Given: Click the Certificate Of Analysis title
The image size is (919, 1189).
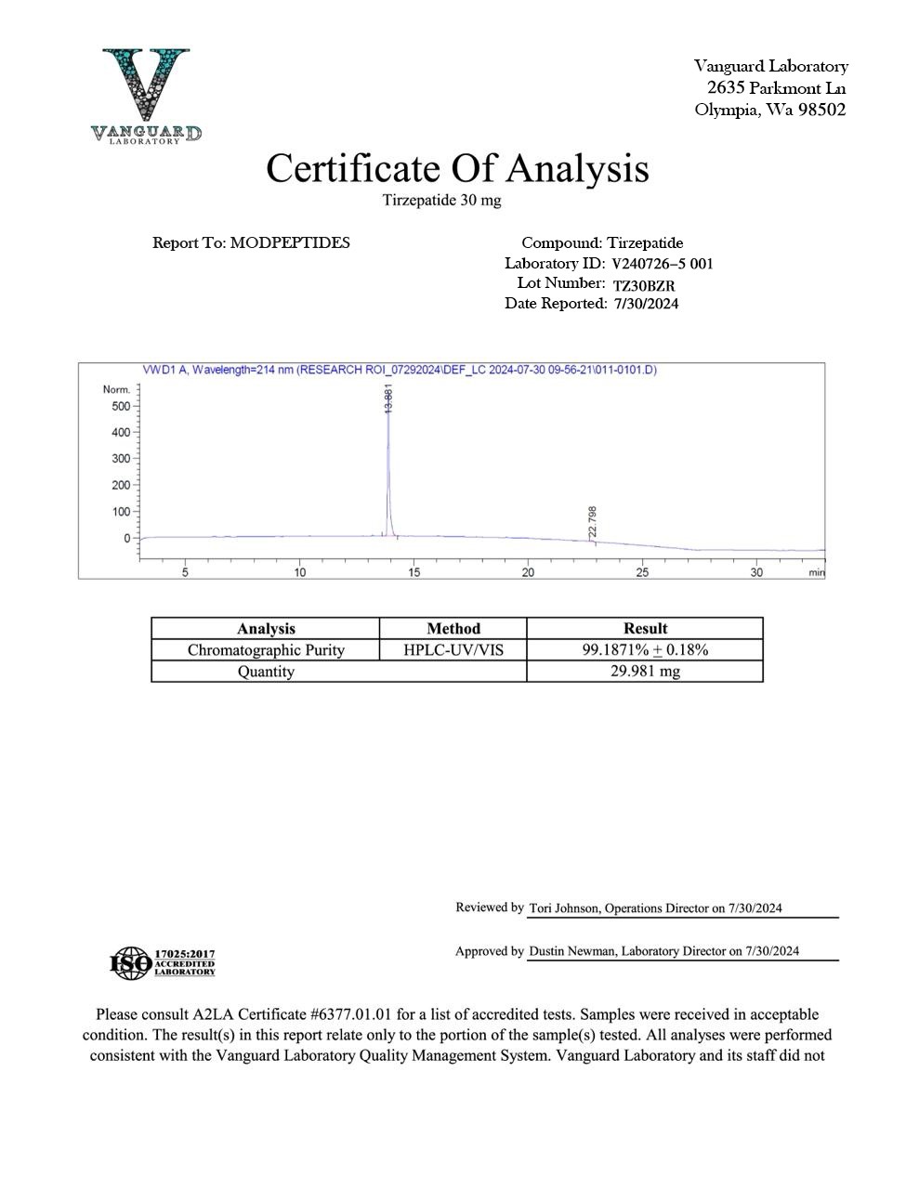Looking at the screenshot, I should pyautogui.click(x=457, y=168).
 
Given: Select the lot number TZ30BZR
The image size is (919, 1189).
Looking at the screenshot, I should pyautogui.click(x=644, y=285).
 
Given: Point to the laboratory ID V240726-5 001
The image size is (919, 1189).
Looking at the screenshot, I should pyautogui.click(x=663, y=264).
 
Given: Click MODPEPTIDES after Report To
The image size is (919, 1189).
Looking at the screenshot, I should pyautogui.click(x=290, y=242).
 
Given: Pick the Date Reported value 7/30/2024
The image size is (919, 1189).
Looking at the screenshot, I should pyautogui.click(x=646, y=304).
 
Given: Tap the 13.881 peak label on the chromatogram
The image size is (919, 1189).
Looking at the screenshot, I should pyautogui.click(x=388, y=399).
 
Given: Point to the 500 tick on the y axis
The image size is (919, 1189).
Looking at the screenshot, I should pyautogui.click(x=120, y=406).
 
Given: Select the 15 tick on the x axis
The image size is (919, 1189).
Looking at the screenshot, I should pyautogui.click(x=414, y=572).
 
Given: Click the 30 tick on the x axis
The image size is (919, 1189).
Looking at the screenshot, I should pyautogui.click(x=756, y=572).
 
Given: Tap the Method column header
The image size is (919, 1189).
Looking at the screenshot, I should pyautogui.click(x=453, y=629).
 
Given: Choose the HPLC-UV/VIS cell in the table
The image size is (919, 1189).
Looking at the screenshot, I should pyautogui.click(x=453, y=650).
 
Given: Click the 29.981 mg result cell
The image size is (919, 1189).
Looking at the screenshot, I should pyautogui.click(x=645, y=672).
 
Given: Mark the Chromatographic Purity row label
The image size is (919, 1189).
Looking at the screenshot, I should pyautogui.click(x=266, y=650).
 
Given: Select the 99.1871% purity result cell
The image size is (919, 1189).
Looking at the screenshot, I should pyautogui.click(x=645, y=650).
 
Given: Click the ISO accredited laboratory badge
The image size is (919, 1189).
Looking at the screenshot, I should pyautogui.click(x=163, y=962).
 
